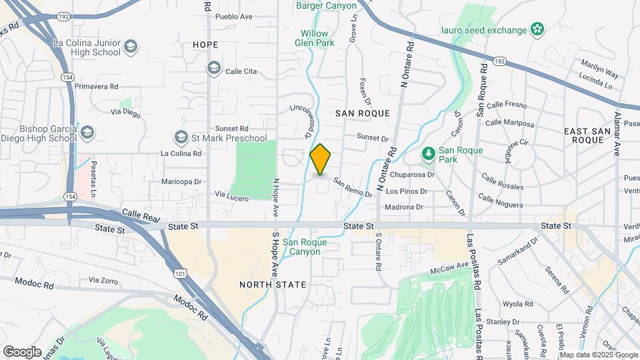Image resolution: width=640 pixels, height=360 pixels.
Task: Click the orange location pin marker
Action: click(x=321, y=159)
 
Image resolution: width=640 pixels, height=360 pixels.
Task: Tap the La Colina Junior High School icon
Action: click(x=131, y=47)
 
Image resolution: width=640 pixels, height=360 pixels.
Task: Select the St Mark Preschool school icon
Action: click(x=181, y=138)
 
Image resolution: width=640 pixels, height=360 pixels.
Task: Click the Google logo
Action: click(x=22, y=351)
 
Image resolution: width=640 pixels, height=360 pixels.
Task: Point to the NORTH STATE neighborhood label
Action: click(x=273, y=285)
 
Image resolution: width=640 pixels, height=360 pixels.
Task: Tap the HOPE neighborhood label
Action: click(x=205, y=45)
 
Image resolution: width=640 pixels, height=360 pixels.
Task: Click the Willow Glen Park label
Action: click(x=314, y=37)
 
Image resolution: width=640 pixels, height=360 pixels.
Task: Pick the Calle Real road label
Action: click(x=141, y=215)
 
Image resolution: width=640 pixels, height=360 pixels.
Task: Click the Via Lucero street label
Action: click(x=231, y=195)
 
